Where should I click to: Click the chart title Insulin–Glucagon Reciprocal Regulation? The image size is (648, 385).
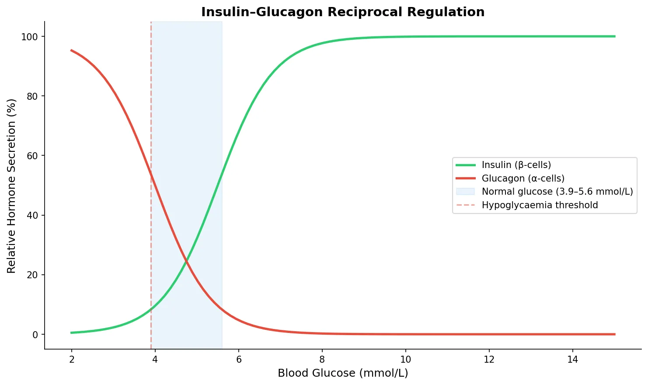(x=343, y=12)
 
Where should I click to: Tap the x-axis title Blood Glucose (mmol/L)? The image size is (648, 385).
(x=343, y=373)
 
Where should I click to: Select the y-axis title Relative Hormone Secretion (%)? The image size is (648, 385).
(x=12, y=185)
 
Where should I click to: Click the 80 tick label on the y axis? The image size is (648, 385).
(x=32, y=96)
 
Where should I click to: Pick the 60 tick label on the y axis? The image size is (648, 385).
(x=32, y=156)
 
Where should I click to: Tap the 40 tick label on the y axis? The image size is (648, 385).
(x=32, y=215)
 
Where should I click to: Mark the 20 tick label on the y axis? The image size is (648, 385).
(x=32, y=275)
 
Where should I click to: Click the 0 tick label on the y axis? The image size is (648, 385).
(x=35, y=335)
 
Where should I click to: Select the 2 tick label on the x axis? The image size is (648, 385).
(x=72, y=360)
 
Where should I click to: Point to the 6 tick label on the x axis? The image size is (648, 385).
(x=239, y=360)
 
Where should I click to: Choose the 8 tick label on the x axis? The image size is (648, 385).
(x=322, y=360)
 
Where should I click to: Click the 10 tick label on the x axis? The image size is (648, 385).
(x=405, y=360)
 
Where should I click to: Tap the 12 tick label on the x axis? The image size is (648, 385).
(x=489, y=360)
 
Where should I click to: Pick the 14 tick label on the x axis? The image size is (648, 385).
(x=572, y=360)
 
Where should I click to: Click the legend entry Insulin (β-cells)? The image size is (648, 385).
(x=516, y=165)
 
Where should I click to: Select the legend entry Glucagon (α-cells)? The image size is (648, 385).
(x=523, y=178)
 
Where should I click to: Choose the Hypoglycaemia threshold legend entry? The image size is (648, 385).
(x=540, y=205)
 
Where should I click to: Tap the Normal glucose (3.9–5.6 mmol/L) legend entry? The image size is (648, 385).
(x=557, y=192)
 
